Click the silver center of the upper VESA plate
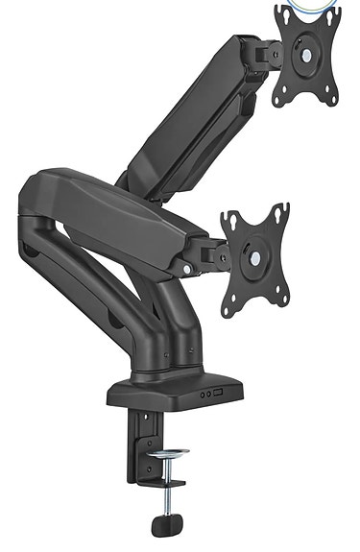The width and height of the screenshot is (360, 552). coord(306,56)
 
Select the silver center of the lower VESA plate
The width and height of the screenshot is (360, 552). coord(255,258)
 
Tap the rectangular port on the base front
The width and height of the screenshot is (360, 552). coord(219,394)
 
